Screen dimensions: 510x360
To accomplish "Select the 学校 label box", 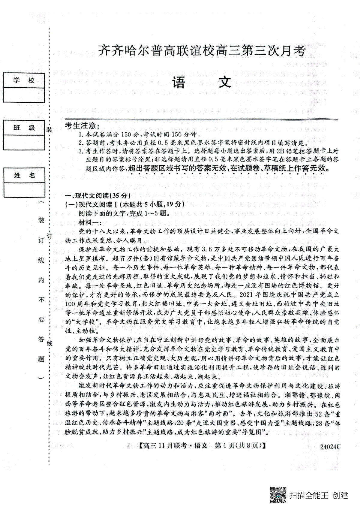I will pos(24,80).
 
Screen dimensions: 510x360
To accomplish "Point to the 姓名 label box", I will pos(24,175).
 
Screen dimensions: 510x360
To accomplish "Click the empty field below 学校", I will pos(24,95).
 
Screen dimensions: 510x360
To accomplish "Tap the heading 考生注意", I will pos(82,126).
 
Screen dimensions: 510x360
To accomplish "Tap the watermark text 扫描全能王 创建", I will pos(319,495).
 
